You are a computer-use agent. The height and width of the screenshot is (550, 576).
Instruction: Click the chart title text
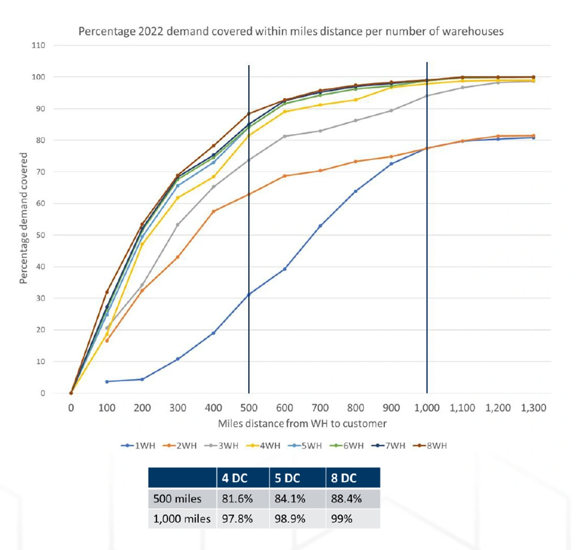[291, 32]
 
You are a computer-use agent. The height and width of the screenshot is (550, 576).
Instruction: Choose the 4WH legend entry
[264, 446]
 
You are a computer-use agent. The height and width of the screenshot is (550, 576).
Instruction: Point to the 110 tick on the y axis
[38, 46]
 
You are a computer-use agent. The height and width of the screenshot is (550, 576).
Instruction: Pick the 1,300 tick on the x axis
[533, 408]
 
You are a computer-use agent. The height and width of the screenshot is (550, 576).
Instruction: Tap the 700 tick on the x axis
[320, 408]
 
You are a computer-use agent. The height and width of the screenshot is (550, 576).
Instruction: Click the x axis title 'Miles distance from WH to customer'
[302, 424]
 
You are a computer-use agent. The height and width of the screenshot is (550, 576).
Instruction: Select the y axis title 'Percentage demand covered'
[24, 218]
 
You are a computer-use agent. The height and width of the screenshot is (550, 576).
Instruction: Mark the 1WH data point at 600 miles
[285, 269]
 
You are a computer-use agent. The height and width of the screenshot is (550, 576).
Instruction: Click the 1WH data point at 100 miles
[107, 382]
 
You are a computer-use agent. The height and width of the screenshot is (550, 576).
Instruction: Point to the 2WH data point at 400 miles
[214, 211]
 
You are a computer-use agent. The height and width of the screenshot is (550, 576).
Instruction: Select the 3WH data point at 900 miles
[391, 110]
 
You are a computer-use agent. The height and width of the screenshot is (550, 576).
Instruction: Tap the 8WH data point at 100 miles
[107, 292]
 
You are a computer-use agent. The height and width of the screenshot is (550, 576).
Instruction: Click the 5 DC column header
[288, 478]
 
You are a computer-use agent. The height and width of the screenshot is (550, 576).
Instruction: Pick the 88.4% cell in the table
[346, 499]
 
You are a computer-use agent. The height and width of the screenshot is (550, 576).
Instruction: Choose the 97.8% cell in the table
[237, 519]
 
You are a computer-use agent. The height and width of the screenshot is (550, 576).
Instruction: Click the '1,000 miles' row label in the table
[182, 519]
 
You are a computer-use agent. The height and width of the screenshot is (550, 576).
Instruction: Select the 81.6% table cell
[237, 499]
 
